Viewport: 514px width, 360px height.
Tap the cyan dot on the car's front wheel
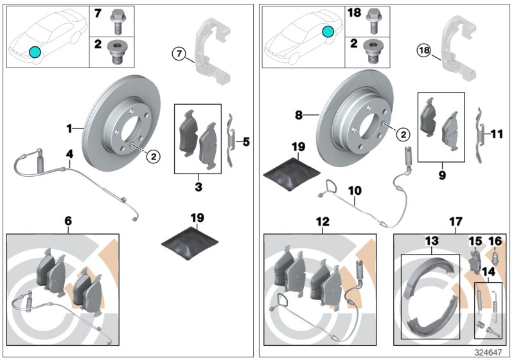coord(35,51)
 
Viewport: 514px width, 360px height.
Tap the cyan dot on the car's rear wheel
coord(328,31)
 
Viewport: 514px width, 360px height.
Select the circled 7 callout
coord(179,53)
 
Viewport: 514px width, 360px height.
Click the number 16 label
coord(495,240)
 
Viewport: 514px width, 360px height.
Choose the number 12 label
coord(323,222)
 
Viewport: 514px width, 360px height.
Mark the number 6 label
coord(68,221)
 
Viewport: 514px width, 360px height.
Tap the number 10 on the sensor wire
coord(355,190)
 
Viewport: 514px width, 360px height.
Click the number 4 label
coord(68,154)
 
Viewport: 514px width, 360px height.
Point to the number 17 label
coord(455,222)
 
